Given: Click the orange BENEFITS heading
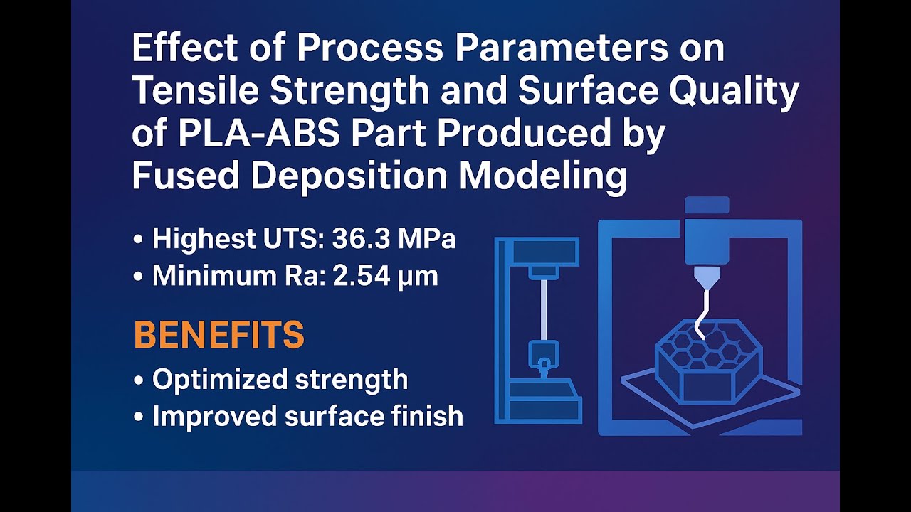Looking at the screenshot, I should tap(219, 336).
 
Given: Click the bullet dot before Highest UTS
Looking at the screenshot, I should tap(137, 240).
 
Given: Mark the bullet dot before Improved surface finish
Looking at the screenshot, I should tap(137, 417).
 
